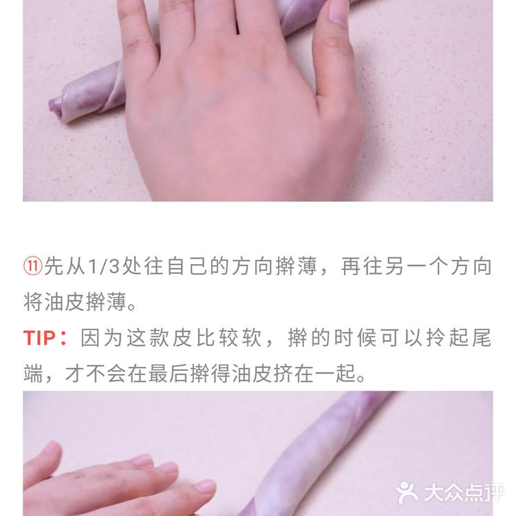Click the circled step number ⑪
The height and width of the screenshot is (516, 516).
click(x=33, y=267)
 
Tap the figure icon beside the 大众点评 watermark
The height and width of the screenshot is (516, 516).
click(x=407, y=492)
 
